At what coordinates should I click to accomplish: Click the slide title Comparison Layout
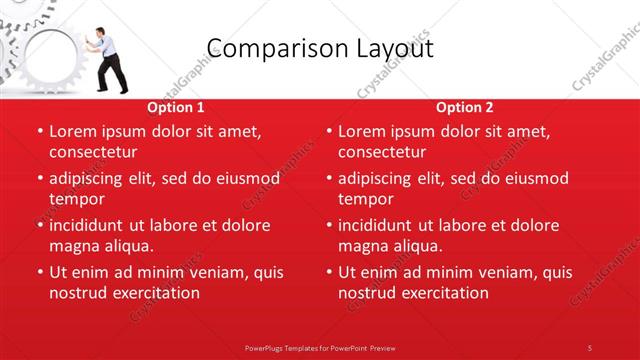(320, 48)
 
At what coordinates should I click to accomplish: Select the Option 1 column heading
(176, 107)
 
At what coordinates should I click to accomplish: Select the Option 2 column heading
(464, 107)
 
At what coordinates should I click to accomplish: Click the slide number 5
(590, 347)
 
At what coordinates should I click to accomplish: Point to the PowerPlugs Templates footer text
(320, 347)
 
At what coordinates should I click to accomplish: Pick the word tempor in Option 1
(76, 199)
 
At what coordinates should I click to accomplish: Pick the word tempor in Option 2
(365, 199)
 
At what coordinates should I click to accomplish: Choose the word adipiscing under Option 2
(381, 178)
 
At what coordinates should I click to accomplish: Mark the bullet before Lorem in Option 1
(39, 131)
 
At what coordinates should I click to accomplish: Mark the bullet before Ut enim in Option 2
(328, 272)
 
